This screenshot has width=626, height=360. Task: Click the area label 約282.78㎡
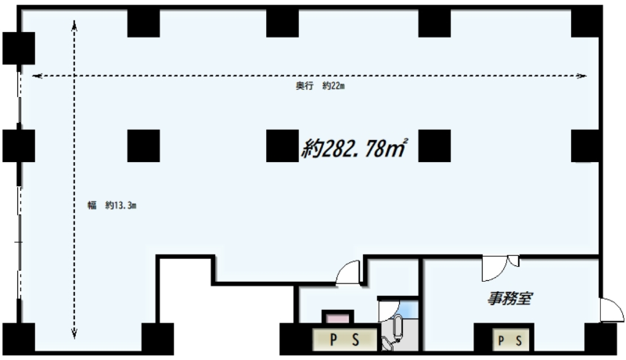(354, 149)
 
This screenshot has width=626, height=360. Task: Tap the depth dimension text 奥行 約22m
(320, 86)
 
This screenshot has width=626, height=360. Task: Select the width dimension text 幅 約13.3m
(112, 206)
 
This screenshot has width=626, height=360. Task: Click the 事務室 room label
(510, 298)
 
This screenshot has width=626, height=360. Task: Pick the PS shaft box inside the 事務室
(511, 340)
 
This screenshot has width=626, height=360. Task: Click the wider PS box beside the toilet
(344, 340)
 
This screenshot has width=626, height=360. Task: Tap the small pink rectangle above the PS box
(338, 318)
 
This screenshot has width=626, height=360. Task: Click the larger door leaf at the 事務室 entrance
(495, 270)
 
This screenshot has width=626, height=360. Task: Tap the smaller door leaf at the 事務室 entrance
(513, 261)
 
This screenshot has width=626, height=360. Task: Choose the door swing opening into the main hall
(347, 272)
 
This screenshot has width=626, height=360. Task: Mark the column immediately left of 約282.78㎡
(282, 146)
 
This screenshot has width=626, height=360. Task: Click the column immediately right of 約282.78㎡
(434, 146)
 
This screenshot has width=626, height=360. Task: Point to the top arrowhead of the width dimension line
(74, 25)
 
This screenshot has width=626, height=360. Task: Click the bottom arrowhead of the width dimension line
(74, 333)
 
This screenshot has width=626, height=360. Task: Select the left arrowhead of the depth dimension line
(37, 75)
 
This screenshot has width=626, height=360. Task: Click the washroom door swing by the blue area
(388, 311)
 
